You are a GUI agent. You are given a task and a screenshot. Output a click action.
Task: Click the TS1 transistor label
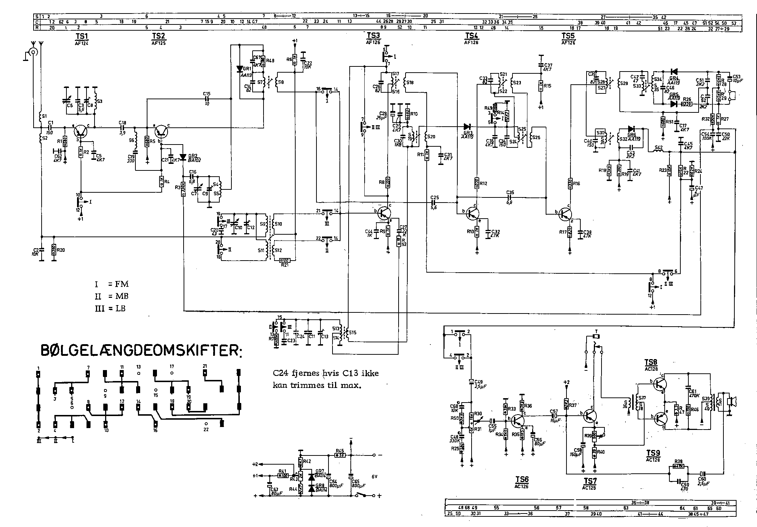[82, 36]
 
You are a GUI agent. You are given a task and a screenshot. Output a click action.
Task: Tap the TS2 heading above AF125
[158, 36]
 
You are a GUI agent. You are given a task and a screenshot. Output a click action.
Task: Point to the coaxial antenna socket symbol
[34, 52]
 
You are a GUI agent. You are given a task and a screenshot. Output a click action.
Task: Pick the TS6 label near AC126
[522, 480]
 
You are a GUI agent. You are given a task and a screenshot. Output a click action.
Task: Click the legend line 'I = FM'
[111, 284]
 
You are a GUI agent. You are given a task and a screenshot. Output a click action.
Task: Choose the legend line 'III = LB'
[110, 308]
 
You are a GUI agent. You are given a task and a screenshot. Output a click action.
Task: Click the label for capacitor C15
[207, 93]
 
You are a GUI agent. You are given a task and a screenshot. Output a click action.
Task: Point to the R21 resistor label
[284, 265]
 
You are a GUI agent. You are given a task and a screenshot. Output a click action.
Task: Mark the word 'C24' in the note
[280, 373]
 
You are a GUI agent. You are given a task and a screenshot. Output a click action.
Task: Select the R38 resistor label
[679, 461]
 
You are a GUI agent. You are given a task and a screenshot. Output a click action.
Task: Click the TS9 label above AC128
[653, 453]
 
